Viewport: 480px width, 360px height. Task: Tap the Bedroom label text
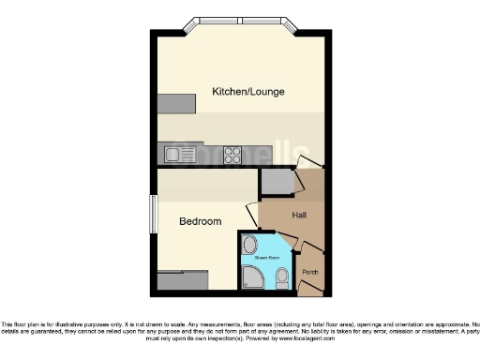click(201, 221)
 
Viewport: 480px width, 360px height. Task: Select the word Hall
click(300, 216)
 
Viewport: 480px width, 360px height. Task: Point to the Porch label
click(310, 273)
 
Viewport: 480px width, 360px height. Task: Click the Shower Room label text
click(269, 257)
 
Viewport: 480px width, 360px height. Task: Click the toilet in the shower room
click(284, 277)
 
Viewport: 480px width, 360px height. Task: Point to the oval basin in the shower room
click(248, 247)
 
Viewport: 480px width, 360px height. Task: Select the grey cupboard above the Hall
click(277, 182)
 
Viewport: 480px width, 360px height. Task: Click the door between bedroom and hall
click(252, 215)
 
